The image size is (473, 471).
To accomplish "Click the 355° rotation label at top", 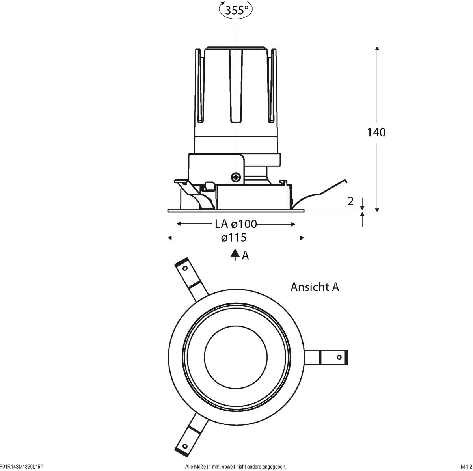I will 236,11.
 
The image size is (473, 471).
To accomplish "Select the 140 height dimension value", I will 376,132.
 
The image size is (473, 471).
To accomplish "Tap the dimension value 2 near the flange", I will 350,201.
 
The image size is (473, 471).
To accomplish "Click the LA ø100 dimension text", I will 236,224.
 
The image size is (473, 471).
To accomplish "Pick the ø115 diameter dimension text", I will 234,238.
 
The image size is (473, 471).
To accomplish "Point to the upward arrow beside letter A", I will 235,255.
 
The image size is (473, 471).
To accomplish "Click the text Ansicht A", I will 315,287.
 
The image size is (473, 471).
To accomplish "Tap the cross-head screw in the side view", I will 236,177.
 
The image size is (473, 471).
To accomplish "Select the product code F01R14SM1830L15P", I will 22,467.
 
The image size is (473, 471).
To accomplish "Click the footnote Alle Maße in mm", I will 235,467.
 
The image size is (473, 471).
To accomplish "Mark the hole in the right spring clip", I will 339,357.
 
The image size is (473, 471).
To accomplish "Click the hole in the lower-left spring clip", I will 184,446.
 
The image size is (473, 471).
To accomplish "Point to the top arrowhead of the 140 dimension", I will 377,49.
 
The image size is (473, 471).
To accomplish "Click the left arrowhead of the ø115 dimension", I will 170,238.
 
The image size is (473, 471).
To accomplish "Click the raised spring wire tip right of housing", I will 345,181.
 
